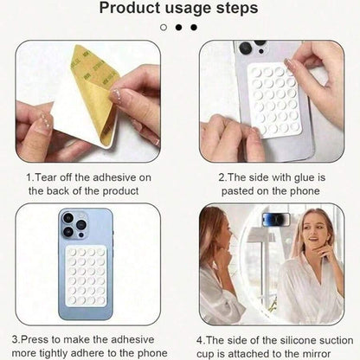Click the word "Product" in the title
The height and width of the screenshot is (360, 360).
(130, 8)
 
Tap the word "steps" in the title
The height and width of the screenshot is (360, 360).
(237, 9)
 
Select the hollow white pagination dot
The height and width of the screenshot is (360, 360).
(164, 28)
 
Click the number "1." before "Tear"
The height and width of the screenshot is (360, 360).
(30, 177)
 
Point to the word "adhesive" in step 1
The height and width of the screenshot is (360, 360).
(114, 177)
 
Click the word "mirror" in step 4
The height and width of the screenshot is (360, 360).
(316, 354)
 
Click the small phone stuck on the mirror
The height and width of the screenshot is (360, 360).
(276, 220)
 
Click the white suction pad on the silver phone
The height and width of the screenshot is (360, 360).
(275, 100)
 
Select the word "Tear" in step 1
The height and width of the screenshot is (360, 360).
(46, 177)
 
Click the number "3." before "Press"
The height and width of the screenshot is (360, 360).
(16, 339)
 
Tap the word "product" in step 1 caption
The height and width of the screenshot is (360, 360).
(120, 191)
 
